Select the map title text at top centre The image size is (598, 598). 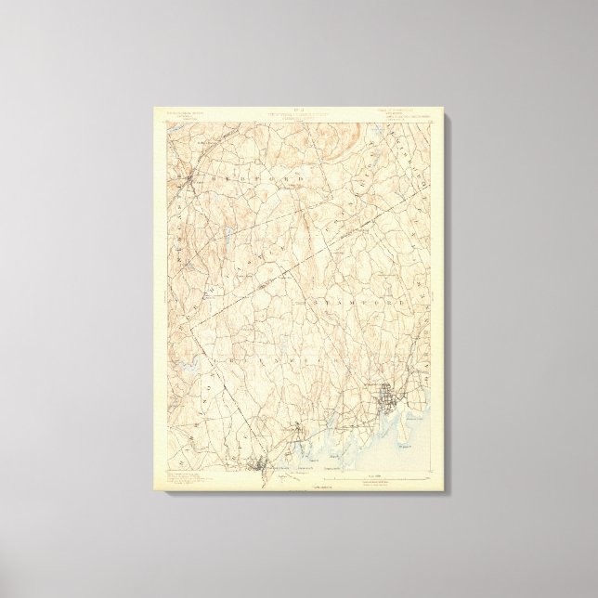coord(297,117)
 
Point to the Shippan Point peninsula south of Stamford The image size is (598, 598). coord(409,427)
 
